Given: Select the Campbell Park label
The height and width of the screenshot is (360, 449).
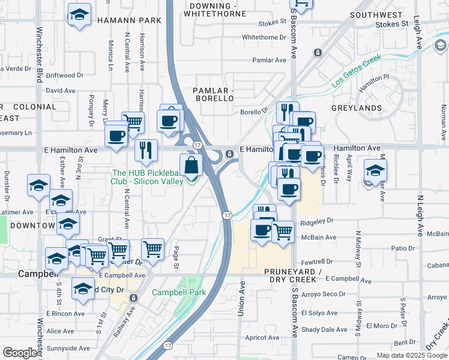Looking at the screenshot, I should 178,293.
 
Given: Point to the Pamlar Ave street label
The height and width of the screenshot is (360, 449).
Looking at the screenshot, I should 270,60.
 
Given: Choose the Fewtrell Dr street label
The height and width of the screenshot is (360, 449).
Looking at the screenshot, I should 317,262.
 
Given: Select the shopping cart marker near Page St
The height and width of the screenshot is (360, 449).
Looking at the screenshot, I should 153,249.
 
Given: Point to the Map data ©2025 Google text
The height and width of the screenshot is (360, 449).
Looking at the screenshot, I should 411,355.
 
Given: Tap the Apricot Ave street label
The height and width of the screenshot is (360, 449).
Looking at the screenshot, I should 262,338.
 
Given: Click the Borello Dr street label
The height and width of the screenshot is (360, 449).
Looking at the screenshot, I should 253,111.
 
